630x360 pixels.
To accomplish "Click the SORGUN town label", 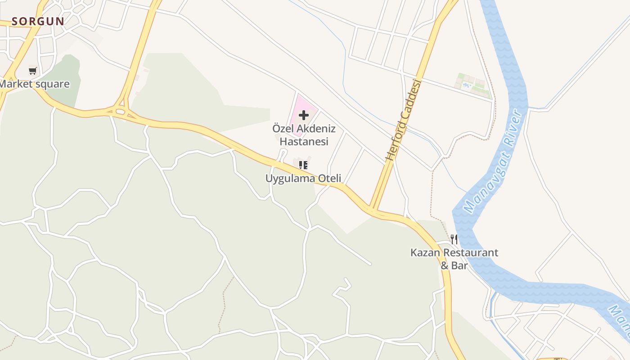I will pyautogui.click(x=38, y=21).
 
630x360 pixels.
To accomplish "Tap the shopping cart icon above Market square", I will pyautogui.click(x=32, y=71).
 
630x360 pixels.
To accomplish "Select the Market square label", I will pyautogui.click(x=35, y=84).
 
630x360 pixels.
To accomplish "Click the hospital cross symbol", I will pyautogui.click(x=304, y=115).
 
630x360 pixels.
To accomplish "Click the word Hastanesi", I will pyautogui.click(x=304, y=141).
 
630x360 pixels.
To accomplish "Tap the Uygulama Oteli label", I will pyautogui.click(x=303, y=178).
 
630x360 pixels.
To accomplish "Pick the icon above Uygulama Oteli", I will pyautogui.click(x=303, y=165).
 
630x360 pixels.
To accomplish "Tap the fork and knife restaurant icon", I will pyautogui.click(x=454, y=239).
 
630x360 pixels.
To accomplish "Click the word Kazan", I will pyautogui.click(x=425, y=252).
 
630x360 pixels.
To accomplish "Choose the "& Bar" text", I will pyautogui.click(x=454, y=265).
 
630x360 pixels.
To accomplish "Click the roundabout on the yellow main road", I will pyautogui.click(x=120, y=111).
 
